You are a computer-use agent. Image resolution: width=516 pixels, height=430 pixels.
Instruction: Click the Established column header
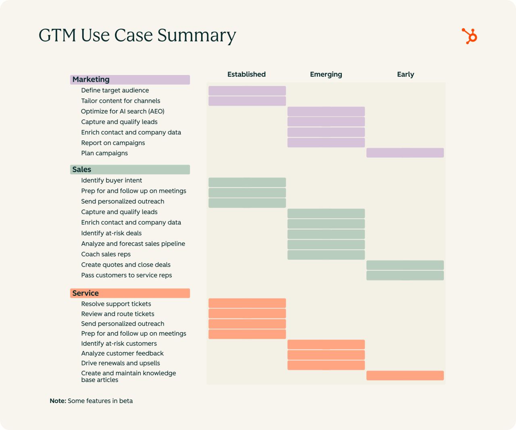click(x=246, y=74)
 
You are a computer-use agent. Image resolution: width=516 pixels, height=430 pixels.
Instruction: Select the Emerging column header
click(x=326, y=74)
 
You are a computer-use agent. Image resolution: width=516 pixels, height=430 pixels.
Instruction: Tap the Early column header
click(x=405, y=74)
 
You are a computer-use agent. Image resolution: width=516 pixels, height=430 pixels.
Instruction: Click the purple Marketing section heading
click(x=130, y=79)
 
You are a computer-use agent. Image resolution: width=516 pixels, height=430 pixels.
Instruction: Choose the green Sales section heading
click(x=130, y=169)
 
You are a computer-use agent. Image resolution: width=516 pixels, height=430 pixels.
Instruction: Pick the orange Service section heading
click(x=130, y=293)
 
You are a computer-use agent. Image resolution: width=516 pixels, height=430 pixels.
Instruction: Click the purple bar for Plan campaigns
click(x=405, y=153)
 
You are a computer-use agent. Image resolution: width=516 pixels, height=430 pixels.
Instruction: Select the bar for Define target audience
click(x=247, y=91)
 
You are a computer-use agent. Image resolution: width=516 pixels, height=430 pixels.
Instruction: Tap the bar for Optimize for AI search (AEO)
click(x=326, y=111)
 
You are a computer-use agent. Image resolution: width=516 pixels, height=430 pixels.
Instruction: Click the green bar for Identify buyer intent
click(x=247, y=182)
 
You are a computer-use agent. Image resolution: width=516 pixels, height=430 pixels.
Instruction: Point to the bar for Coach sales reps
click(x=326, y=255)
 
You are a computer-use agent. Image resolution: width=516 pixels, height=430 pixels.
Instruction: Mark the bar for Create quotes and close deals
click(x=405, y=265)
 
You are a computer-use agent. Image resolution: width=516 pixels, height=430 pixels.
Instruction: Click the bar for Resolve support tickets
click(x=247, y=303)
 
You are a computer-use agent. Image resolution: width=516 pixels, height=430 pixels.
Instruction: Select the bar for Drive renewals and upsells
click(x=326, y=365)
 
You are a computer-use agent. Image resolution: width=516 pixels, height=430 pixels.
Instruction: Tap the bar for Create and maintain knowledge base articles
click(x=405, y=376)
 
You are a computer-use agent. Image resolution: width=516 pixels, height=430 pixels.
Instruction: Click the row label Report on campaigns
click(x=113, y=143)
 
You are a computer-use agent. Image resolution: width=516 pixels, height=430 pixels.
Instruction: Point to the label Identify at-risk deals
click(x=111, y=233)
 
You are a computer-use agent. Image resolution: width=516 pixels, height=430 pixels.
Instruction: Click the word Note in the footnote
click(x=58, y=401)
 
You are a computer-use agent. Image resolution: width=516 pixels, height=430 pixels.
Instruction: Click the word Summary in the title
click(x=196, y=35)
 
